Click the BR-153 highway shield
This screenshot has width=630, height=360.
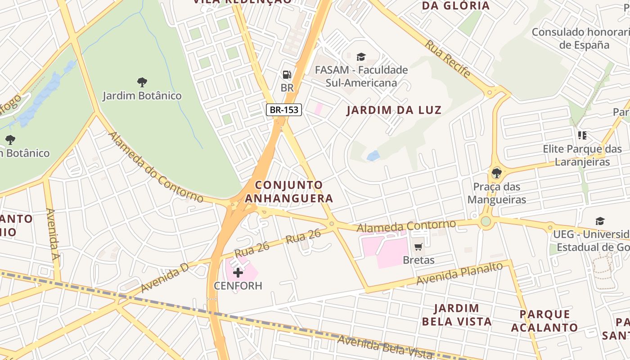283,109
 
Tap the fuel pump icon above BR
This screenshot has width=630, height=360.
287,75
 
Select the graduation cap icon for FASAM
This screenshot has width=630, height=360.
361,57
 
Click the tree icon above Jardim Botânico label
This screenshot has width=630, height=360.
142,82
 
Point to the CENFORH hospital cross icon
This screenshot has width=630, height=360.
238,272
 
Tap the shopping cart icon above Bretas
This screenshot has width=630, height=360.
418,246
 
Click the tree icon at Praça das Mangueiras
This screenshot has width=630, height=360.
497,173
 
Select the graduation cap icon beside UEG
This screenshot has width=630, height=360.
600,221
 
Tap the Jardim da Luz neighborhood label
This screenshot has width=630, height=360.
394,110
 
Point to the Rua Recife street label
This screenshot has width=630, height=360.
448,58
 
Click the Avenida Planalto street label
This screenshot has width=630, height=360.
459,274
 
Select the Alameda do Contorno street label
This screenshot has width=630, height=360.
156,167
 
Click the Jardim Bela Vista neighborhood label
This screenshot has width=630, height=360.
456,315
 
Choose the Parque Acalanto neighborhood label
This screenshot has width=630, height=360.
544,321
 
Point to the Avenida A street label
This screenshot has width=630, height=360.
53,234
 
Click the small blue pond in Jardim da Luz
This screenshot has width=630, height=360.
373,156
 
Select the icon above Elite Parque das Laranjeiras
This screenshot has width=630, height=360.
582,135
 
